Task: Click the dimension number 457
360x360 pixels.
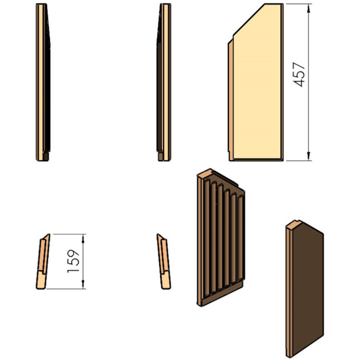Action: click(x=300, y=74)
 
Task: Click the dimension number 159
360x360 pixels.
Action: click(x=73, y=261)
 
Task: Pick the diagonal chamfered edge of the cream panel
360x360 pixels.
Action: click(x=249, y=20)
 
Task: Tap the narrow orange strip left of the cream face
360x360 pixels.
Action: click(x=230, y=101)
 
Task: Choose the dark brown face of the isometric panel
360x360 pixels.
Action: click(x=308, y=289)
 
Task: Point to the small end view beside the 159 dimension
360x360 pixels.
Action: click(x=43, y=261)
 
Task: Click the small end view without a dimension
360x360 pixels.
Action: click(x=164, y=261)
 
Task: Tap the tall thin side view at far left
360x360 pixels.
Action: click(x=43, y=82)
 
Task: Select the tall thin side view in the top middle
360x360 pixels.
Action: click(x=164, y=82)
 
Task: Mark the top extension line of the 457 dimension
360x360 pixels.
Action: click(x=299, y=4)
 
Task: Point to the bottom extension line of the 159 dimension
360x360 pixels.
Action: click(x=66, y=289)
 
